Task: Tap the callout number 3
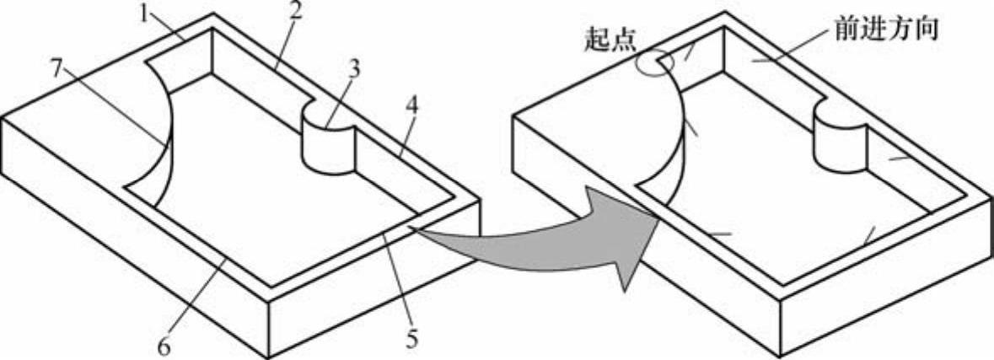[355, 69]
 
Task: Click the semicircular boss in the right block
[840, 139]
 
